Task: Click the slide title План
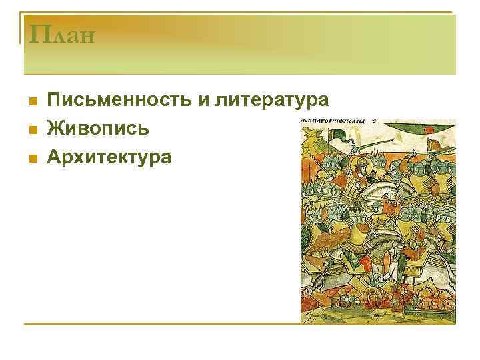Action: click(x=59, y=33)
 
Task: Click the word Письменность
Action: click(x=117, y=100)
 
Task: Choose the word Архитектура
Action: click(x=109, y=157)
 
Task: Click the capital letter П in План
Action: click(x=35, y=33)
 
